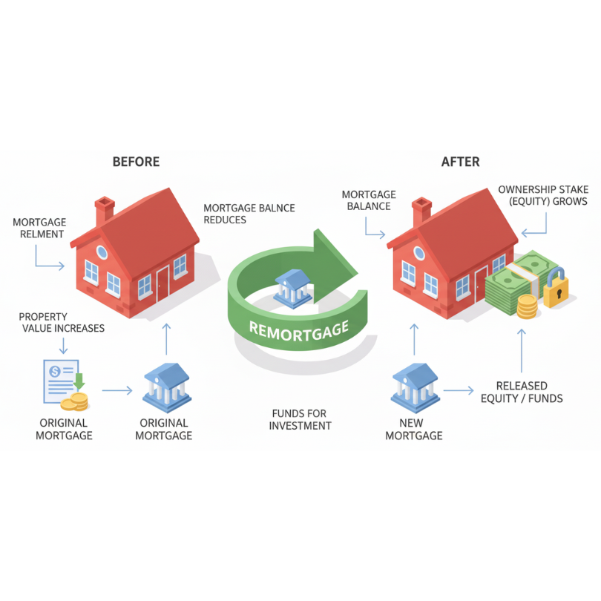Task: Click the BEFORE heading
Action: point(136,162)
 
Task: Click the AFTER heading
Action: point(460,162)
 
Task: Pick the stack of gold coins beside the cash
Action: point(527,306)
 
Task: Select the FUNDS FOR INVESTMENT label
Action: point(300,419)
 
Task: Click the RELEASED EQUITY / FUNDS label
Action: point(522,392)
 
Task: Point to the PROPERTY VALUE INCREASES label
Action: point(62,322)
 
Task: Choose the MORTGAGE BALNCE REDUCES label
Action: point(249,214)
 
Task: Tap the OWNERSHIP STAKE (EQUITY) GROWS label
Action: point(542,195)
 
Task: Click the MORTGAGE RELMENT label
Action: point(39,228)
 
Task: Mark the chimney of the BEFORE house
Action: point(105,210)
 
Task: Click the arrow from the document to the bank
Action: point(116,390)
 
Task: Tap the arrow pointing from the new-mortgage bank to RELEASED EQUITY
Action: point(458,389)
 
